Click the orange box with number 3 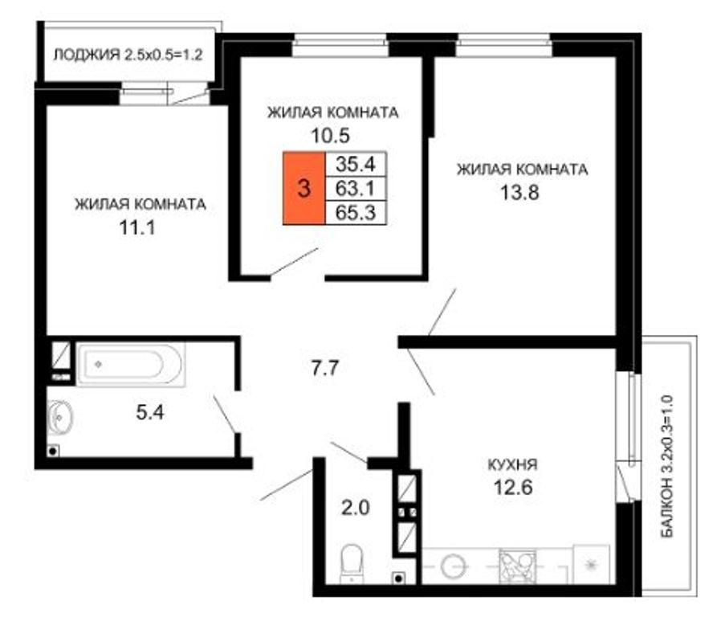click(x=303, y=188)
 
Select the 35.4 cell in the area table click(x=356, y=164)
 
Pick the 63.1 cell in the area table click(x=356, y=188)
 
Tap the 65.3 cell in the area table click(x=356, y=213)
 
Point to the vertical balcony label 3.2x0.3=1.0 click(x=667, y=466)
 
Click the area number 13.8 click(x=520, y=192)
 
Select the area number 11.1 click(x=137, y=227)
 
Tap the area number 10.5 click(x=330, y=136)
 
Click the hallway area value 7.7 click(x=325, y=368)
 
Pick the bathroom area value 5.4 click(x=150, y=411)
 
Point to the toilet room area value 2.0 click(x=356, y=508)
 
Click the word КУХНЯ click(x=513, y=464)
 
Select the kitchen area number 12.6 click(x=513, y=487)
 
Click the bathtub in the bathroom click(x=131, y=364)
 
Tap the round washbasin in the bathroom click(x=59, y=418)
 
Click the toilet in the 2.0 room click(x=352, y=563)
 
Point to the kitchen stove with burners click(x=518, y=566)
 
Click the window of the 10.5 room click(x=340, y=46)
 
